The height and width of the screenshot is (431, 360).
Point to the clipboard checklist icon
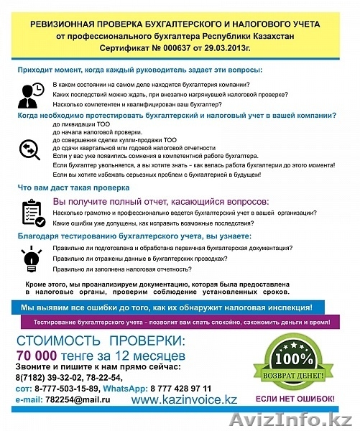tap(32, 211)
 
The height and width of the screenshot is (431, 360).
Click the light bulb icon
tap(31, 256)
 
